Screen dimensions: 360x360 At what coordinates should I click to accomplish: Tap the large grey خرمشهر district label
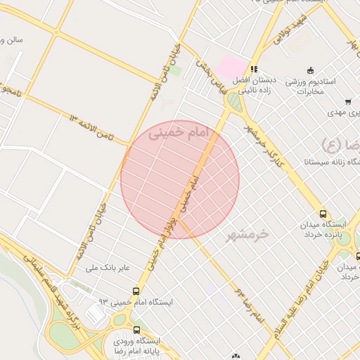tap(249, 234)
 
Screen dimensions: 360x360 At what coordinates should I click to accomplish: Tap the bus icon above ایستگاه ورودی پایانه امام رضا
tap(136, 330)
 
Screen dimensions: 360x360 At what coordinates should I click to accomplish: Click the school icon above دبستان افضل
tap(254, 70)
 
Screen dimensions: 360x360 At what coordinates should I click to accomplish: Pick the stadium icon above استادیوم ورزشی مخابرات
tap(310, 70)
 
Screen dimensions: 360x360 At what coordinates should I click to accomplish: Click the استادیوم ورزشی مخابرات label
tap(310, 85)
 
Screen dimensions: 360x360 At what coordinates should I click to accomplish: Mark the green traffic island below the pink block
tap(234, 103)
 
